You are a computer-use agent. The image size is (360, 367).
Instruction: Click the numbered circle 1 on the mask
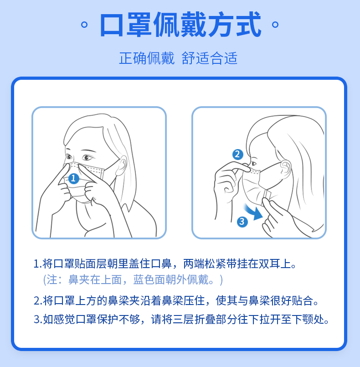74,178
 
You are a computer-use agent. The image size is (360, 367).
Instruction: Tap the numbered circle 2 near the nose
238,155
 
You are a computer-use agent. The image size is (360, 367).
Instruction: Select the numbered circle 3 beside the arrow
242,222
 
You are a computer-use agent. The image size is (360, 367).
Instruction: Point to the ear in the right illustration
285,169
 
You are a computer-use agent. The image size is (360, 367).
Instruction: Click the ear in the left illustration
122,165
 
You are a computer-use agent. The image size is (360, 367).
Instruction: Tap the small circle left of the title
84,25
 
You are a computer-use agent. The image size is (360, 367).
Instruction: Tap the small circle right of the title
275,25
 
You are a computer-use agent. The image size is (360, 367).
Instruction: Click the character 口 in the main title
112,25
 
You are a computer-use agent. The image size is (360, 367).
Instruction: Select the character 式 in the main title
248,24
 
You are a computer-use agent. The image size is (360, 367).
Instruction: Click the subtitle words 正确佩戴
147,58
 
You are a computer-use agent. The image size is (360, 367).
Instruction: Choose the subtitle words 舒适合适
210,58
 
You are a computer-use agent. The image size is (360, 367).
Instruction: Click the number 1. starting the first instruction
38,264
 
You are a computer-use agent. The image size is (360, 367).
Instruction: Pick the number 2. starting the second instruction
38,301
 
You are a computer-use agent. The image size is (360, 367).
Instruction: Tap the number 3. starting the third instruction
38,320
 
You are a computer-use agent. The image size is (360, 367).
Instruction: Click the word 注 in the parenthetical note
51,280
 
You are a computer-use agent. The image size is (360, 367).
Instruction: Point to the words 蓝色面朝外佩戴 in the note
171,280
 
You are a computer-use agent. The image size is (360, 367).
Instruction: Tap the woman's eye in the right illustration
253,164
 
